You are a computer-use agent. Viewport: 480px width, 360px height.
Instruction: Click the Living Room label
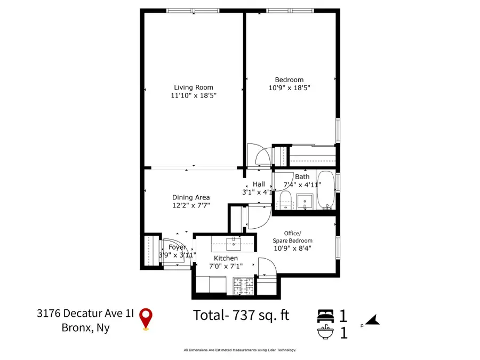[x=194, y=87]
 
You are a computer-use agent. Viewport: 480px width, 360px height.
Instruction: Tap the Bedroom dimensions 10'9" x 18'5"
[x=291, y=88]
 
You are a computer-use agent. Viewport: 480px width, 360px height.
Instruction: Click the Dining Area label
[x=190, y=197]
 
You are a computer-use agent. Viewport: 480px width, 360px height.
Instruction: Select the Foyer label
[x=177, y=247]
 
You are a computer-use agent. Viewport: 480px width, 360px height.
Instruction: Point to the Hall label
[x=258, y=184]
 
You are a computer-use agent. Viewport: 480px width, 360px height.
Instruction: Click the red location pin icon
[x=145, y=318]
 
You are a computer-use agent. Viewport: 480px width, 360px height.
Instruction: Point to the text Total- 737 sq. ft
[x=241, y=315]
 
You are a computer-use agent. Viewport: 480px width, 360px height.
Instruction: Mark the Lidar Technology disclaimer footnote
[x=239, y=350]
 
